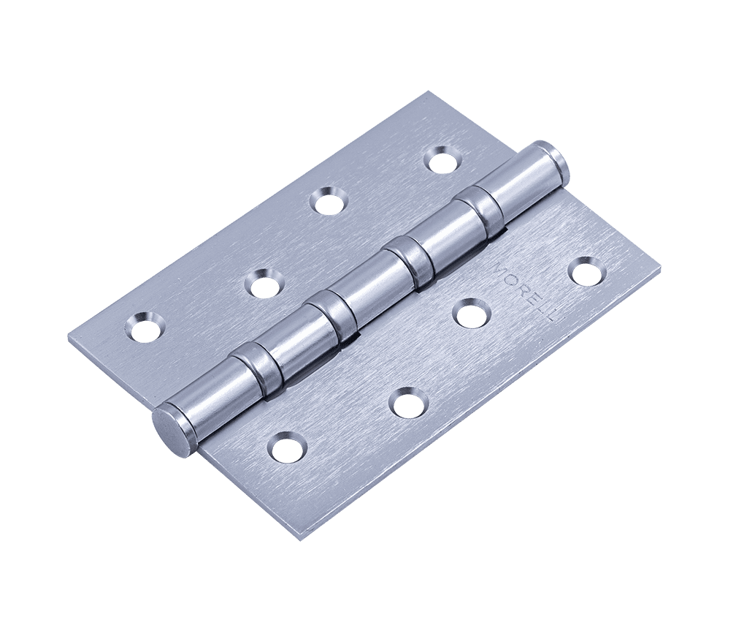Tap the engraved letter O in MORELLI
click(x=511, y=281)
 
